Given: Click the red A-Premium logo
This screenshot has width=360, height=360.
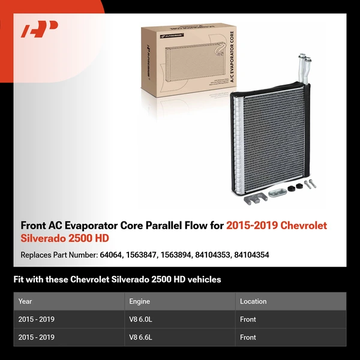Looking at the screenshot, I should click(x=39, y=29).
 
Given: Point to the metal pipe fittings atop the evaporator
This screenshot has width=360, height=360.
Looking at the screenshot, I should click(x=304, y=68).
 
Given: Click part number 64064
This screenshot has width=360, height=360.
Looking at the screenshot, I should click(x=110, y=255).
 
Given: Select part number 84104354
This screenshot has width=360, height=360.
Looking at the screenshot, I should click(x=252, y=255).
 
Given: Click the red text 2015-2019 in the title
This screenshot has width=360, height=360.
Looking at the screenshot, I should click(x=248, y=226).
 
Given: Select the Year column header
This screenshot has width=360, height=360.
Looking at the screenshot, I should click(x=25, y=301).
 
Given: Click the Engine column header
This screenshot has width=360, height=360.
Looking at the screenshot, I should click(x=140, y=301).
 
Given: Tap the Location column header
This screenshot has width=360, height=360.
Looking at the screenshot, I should click(x=253, y=301).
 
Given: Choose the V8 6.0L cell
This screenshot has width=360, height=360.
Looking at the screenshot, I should click(x=141, y=319).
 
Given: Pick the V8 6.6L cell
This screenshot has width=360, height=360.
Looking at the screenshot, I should click(x=141, y=337).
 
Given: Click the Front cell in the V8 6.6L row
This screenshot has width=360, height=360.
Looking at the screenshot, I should click(x=248, y=337).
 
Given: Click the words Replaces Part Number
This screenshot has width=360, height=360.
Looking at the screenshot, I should click(x=58, y=255).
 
